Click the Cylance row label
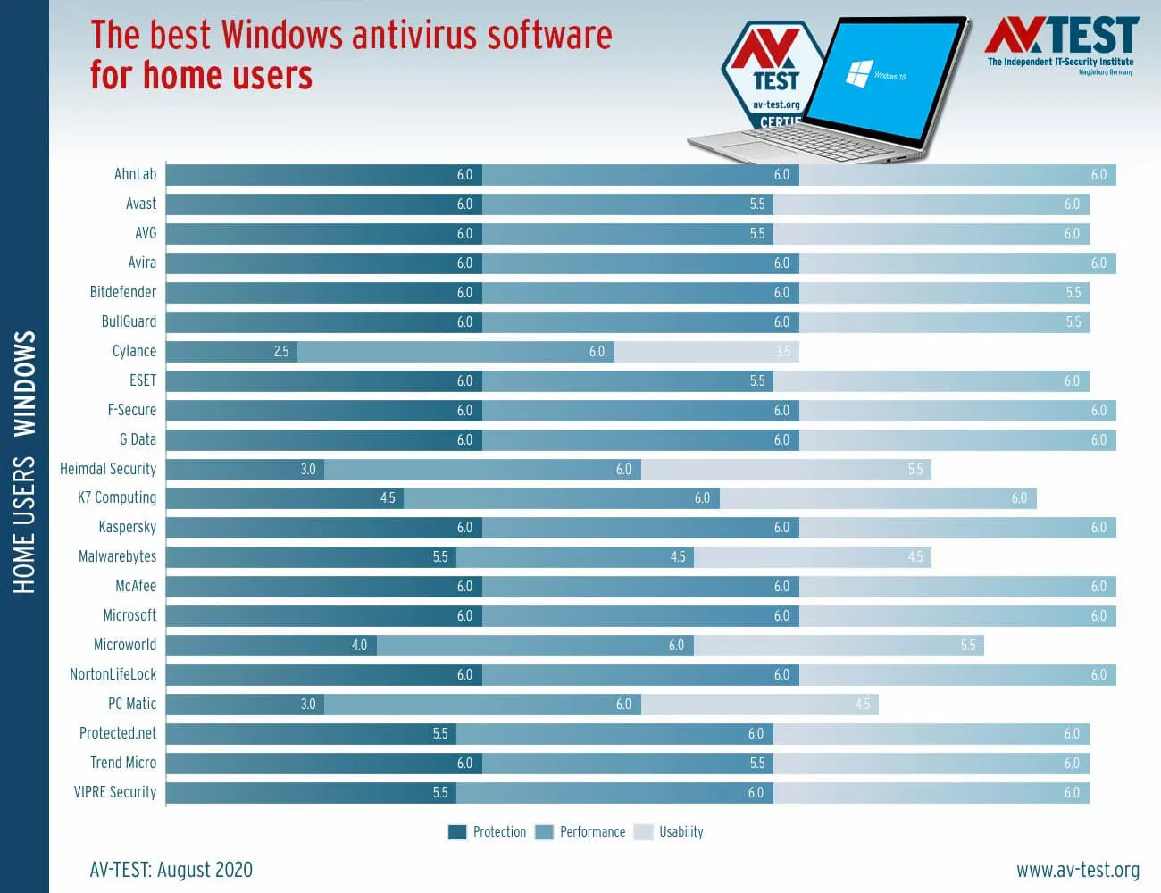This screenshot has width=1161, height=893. click(134, 351)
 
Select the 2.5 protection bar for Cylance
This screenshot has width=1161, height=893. click(231, 351)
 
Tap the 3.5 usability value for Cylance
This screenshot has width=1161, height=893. click(783, 351)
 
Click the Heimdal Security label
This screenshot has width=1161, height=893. click(108, 469)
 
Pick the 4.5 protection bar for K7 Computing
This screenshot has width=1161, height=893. click(284, 497)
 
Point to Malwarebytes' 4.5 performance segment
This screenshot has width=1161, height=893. click(576, 556)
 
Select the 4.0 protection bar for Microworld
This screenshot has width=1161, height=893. click(271, 645)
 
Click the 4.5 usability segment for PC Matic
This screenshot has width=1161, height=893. click(759, 704)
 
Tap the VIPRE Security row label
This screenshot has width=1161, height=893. click(115, 792)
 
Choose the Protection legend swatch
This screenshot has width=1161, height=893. click(457, 832)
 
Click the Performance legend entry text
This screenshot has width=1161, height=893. click(592, 832)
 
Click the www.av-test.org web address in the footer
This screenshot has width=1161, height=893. click(1077, 870)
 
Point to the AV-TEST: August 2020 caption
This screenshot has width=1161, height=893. click(171, 870)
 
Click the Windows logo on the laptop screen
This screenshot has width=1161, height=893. click(858, 72)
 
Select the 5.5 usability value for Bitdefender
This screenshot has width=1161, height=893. click(1073, 292)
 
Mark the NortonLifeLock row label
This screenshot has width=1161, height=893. click(113, 674)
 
